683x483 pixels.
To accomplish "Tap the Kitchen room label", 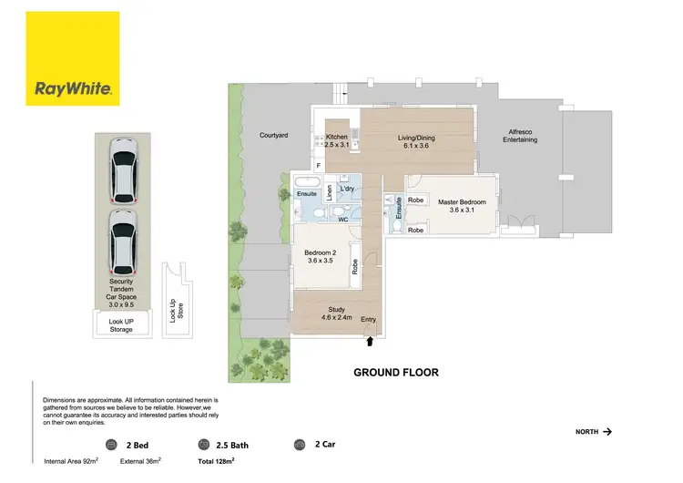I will tap(337, 140).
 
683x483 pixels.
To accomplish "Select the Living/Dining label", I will tap(416, 141).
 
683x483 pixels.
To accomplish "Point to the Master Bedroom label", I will tap(462, 206).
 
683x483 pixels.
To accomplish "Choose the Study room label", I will tap(332, 313).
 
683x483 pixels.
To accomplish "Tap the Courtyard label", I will tap(273, 135).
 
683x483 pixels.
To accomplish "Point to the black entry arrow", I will tap(369, 341).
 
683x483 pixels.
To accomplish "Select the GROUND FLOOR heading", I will tap(396, 373).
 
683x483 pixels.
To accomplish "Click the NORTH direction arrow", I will tap(607, 431).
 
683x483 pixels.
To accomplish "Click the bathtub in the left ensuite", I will tap(307, 183).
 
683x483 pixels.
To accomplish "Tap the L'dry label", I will tap(346, 190).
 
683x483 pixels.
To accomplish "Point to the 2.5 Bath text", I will tap(232, 446).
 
